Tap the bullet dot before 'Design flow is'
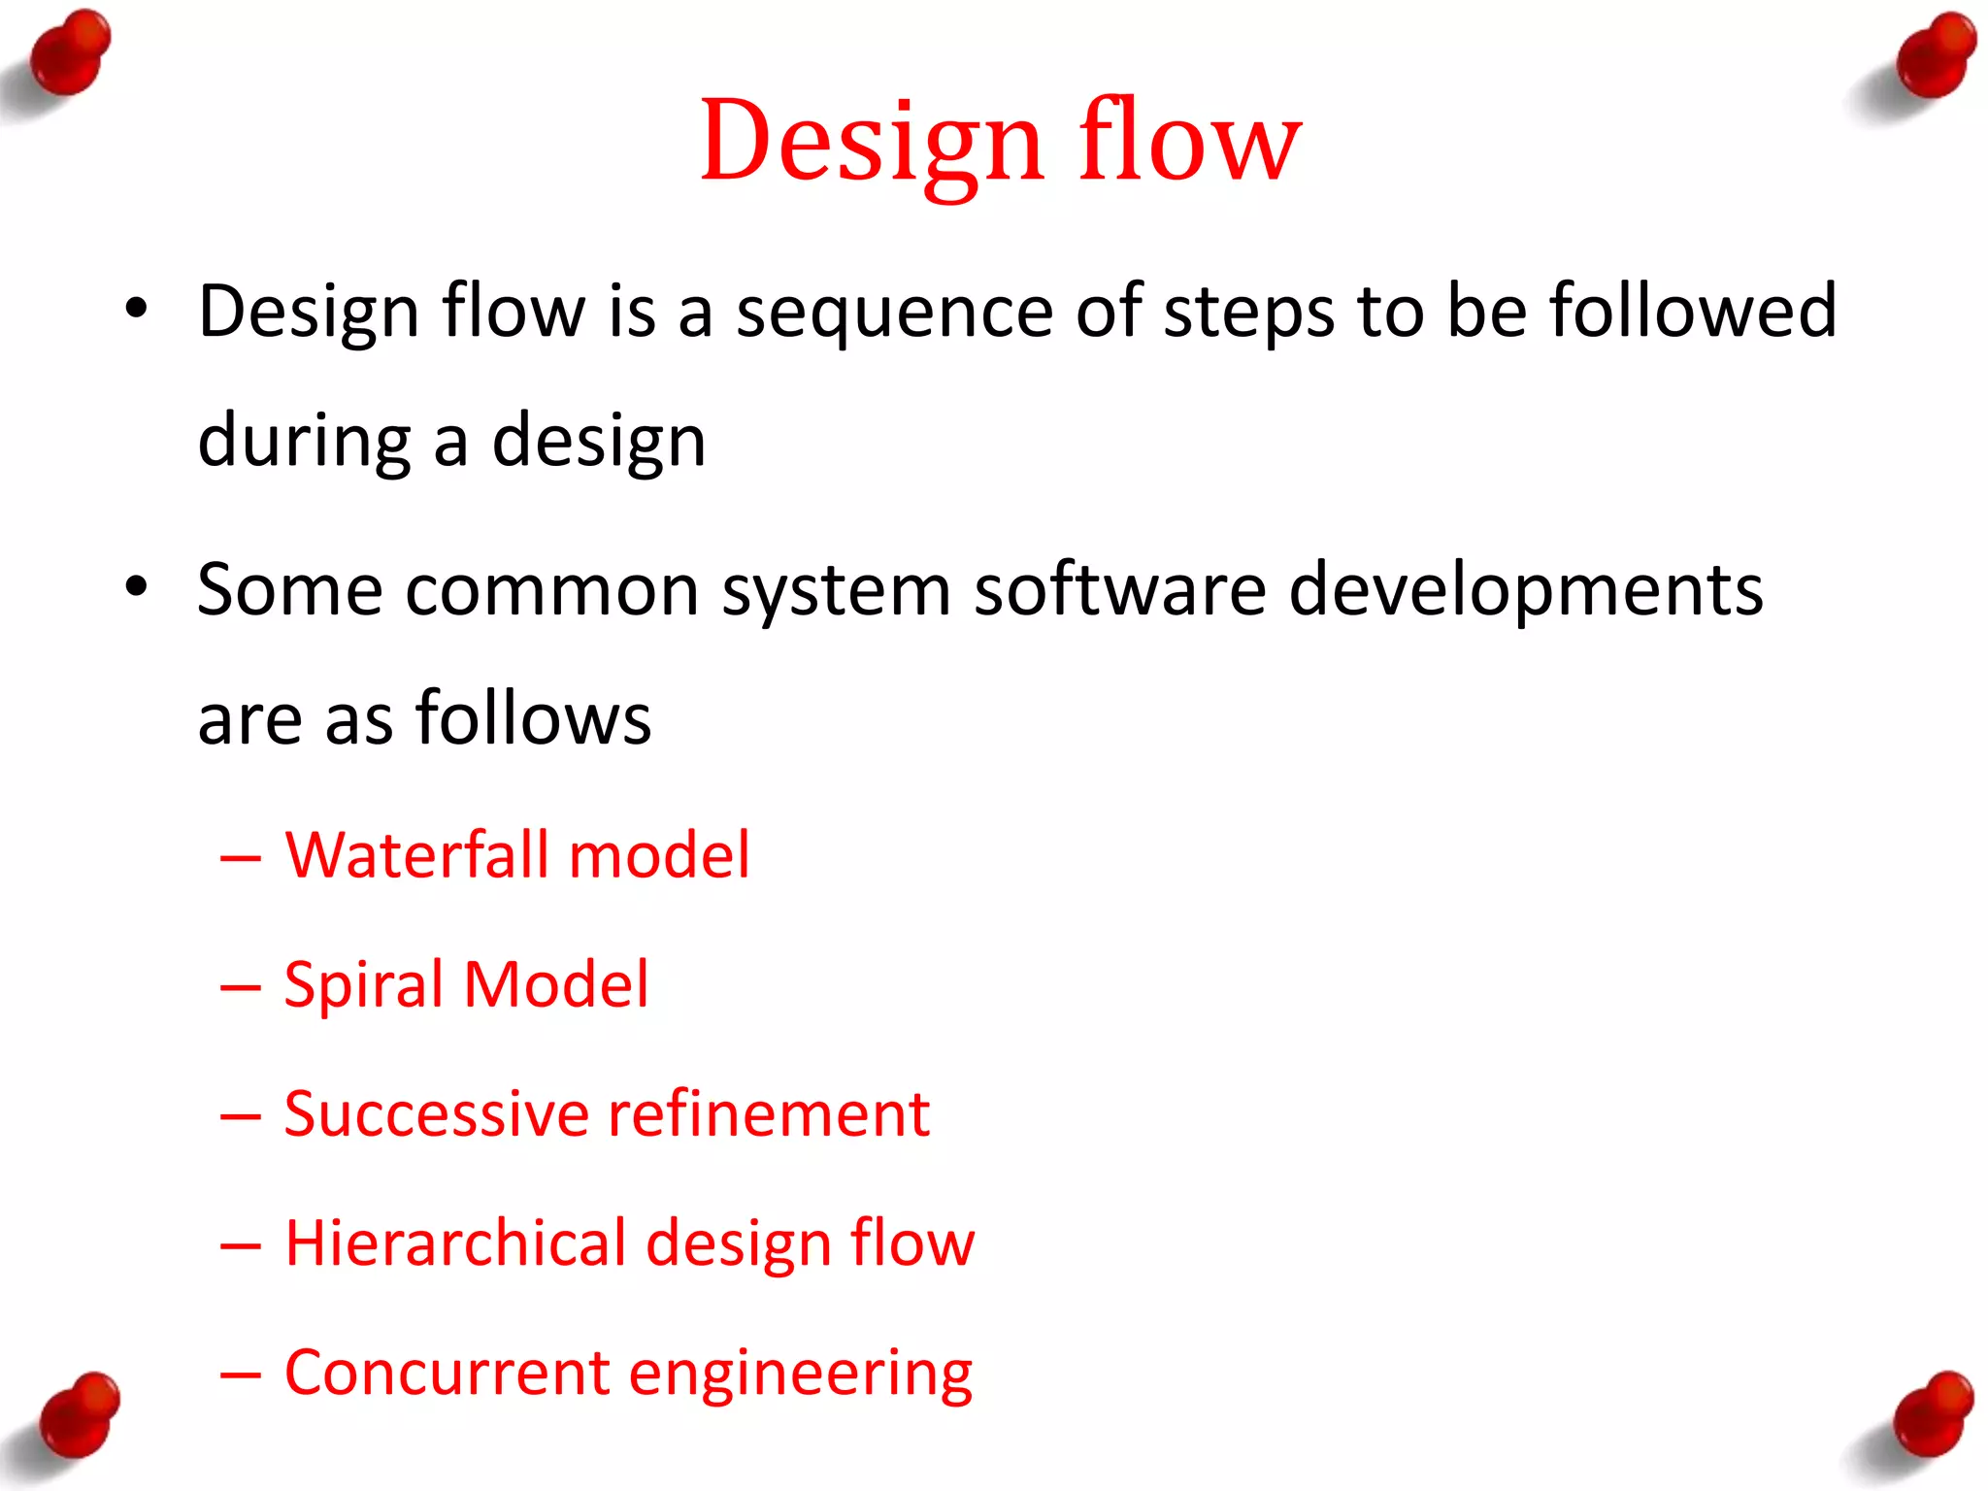tap(137, 310)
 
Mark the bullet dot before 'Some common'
tap(137, 587)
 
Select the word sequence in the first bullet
tap(894, 313)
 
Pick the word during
tap(304, 442)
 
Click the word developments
tap(1525, 591)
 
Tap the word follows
tap(533, 718)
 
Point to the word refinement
tap(768, 1113)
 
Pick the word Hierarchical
tap(455, 1243)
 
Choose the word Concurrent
tap(446, 1374)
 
